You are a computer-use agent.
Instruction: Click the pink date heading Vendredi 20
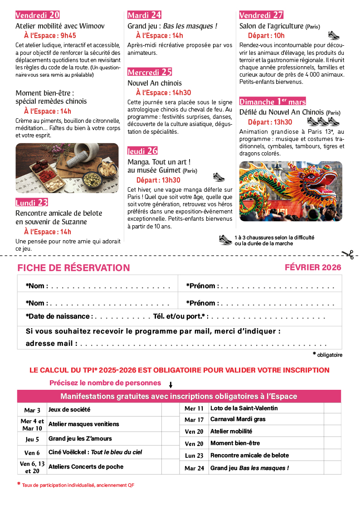click(38, 15)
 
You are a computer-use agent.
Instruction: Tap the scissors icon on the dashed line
click(348, 254)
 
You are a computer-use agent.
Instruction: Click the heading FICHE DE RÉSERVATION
click(73, 268)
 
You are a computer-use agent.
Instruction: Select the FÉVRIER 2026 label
click(313, 267)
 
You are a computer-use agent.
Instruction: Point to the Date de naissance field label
click(59, 316)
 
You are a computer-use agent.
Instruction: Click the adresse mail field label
click(51, 343)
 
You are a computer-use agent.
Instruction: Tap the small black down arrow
click(171, 385)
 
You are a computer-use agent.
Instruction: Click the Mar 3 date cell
click(32, 410)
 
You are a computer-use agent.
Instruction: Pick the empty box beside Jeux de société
click(170, 410)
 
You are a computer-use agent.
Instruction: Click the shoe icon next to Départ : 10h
click(334, 35)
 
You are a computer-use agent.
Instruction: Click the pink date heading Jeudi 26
click(142, 151)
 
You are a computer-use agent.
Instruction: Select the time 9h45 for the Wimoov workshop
click(68, 35)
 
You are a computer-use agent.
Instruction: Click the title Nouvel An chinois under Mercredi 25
click(155, 83)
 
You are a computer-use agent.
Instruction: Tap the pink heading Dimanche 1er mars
click(272, 101)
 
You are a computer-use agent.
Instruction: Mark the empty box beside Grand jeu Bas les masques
click(332, 468)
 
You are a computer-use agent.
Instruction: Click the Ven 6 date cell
click(32, 452)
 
